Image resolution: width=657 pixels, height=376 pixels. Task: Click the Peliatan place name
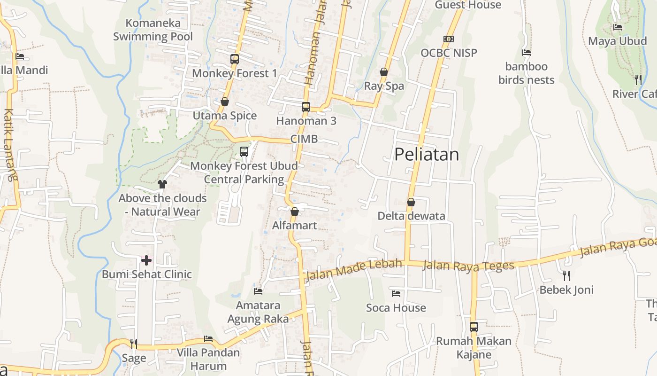[x=426, y=154]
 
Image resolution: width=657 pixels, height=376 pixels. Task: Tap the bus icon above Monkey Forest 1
[x=235, y=59]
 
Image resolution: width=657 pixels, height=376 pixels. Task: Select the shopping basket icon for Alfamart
[x=295, y=211]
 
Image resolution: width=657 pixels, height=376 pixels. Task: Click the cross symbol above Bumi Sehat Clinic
[x=146, y=260]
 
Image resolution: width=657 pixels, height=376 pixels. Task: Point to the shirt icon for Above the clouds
[x=162, y=184]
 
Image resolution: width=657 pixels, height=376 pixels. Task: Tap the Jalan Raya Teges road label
[x=468, y=266]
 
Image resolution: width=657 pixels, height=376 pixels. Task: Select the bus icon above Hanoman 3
[x=306, y=107]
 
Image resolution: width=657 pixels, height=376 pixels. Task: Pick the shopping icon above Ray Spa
[x=384, y=72]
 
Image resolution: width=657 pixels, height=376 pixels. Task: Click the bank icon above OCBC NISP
[x=449, y=39]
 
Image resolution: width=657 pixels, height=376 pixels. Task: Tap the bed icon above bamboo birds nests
[x=527, y=53]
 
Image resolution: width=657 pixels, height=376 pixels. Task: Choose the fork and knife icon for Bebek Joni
[x=566, y=275]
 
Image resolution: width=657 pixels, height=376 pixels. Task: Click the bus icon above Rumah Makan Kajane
[x=474, y=327]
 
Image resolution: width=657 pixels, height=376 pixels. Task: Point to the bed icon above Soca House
[x=396, y=294]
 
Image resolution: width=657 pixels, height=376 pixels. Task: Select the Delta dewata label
[x=412, y=216]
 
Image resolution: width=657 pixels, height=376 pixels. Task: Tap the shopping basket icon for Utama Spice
[x=225, y=102]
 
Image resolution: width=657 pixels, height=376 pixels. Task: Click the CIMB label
[x=304, y=139]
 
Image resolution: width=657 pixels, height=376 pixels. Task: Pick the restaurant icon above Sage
[x=134, y=344]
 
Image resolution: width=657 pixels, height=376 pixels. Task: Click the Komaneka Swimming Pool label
[x=153, y=29]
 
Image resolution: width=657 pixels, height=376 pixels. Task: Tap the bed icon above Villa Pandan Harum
[x=208, y=339]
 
